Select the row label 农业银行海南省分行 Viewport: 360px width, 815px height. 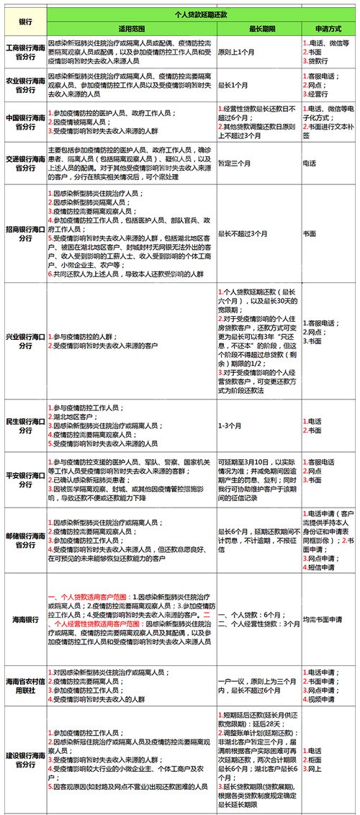[x=24, y=85]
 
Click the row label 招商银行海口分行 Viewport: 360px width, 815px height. [x=24, y=233]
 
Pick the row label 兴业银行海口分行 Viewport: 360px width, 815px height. [x=24, y=341]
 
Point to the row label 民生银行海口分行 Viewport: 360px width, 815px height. [x=24, y=425]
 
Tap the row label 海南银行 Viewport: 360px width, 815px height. [x=24, y=619]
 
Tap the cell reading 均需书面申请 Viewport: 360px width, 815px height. [x=323, y=619]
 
